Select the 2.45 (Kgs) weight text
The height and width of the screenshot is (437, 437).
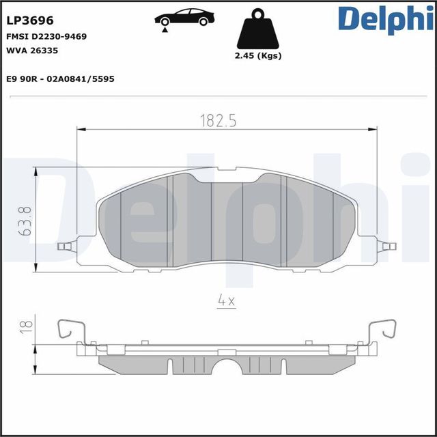[257, 57]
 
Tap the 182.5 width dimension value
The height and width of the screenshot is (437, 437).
[217, 121]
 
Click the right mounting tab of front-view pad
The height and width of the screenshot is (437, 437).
[387, 244]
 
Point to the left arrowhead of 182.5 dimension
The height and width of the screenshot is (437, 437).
[79, 128]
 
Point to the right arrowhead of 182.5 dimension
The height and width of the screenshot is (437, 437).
[375, 128]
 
